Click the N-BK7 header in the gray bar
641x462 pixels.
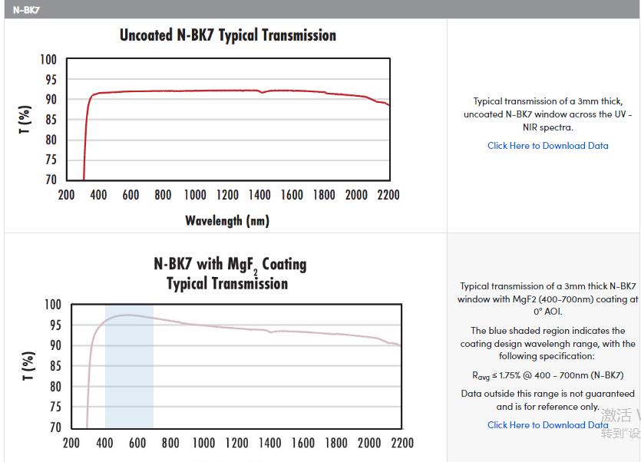pos(26,9)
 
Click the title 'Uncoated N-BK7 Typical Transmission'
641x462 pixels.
pos(227,35)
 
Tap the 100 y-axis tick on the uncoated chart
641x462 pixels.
pos(48,60)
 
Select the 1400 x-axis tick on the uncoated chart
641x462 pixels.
pos(259,195)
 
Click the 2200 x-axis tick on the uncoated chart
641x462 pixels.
pos(388,195)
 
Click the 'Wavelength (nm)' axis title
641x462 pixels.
pos(227,221)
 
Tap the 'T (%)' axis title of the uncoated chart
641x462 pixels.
pos(25,120)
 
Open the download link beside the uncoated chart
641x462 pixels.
pos(547,146)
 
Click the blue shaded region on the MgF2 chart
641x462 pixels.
pos(129,368)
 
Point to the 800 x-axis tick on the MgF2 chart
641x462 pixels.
pos(170,443)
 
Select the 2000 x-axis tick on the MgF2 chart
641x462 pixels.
pos(369,443)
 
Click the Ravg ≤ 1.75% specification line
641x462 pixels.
pos(547,375)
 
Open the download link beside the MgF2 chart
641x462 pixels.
pos(547,425)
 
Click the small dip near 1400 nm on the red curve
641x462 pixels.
pos(263,92)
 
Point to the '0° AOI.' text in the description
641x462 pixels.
pos(547,312)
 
